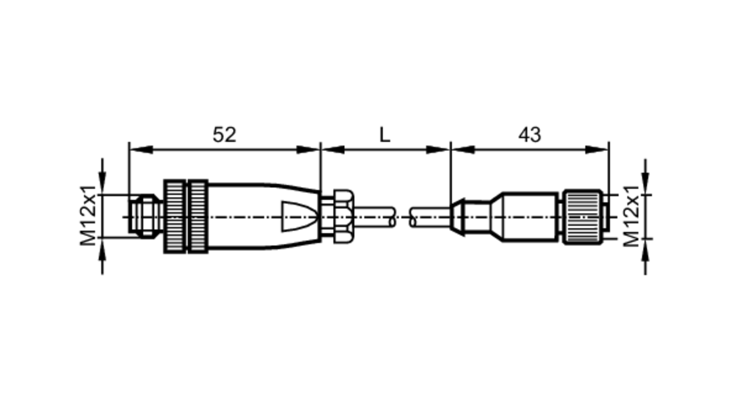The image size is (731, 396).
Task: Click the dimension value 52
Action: [224, 135]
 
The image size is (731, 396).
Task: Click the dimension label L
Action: [385, 135]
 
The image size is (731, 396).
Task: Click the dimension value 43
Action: [530, 135]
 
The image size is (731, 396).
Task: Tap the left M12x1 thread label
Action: [88, 216]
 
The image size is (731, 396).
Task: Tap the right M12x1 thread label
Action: [631, 216]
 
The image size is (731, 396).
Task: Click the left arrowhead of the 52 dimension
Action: [141, 149]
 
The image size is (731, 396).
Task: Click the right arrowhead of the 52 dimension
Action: [308, 149]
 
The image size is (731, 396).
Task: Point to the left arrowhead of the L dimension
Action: [333, 149]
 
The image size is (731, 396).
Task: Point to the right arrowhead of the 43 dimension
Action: [596, 149]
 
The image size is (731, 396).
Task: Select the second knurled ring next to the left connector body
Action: [198, 216]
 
